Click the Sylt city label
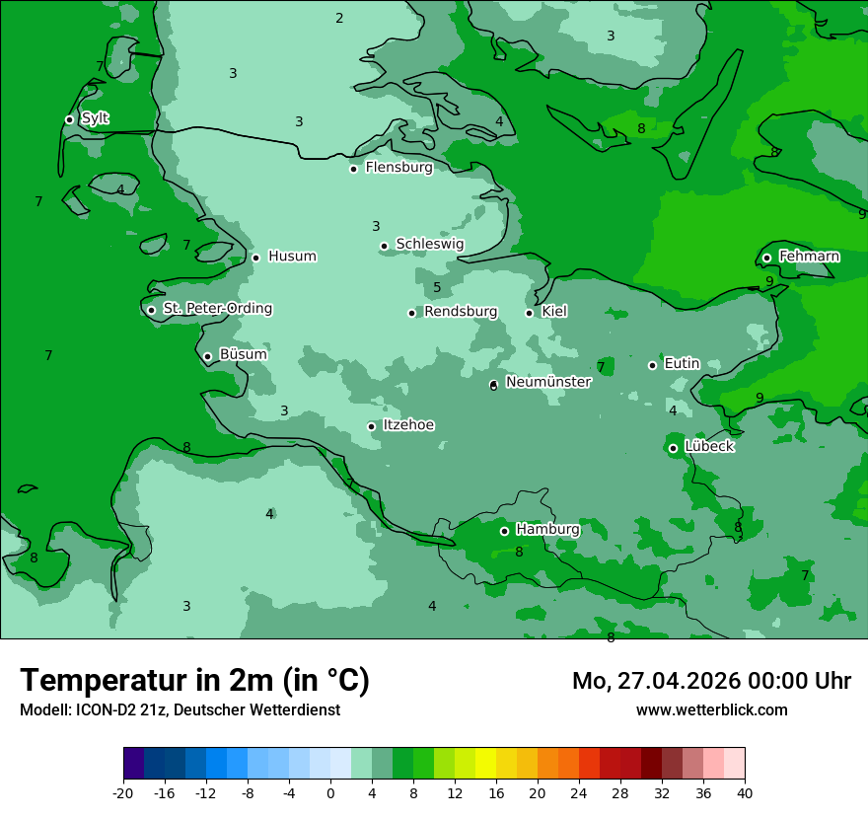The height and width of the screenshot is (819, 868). [x=95, y=118]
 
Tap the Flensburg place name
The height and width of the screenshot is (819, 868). [x=398, y=168]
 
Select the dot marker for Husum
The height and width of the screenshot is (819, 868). [x=255, y=258]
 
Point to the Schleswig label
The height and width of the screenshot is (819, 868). [x=429, y=244]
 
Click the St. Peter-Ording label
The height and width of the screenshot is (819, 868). [x=217, y=309]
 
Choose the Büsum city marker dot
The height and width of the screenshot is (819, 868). [x=207, y=357]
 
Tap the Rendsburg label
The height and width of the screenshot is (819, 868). [x=461, y=312]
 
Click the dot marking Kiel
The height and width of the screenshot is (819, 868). [x=529, y=313]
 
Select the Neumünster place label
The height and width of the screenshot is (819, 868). [x=547, y=382]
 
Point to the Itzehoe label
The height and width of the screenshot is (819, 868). [x=408, y=425]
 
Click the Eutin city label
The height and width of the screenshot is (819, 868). [x=682, y=364]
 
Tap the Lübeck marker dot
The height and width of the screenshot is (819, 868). [x=673, y=448]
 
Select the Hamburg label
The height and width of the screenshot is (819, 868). [x=547, y=530]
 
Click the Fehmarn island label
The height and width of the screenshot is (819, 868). [x=809, y=257]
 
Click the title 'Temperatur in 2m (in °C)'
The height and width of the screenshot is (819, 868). [x=194, y=681]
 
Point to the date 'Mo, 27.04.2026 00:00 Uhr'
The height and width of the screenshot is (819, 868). [x=711, y=681]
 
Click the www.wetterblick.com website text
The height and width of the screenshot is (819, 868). [x=711, y=709]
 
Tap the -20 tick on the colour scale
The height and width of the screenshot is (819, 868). [x=123, y=793]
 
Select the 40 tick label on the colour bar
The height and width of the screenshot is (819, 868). [x=744, y=793]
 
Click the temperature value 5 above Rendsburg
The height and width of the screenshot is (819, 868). [x=436, y=288]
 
